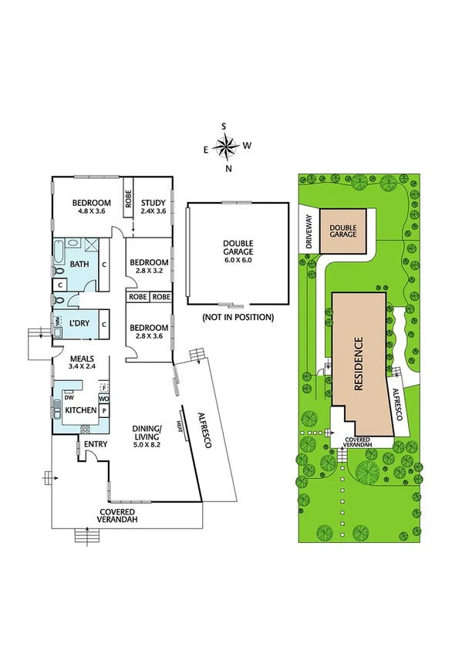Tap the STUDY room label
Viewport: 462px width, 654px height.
click(x=153, y=204)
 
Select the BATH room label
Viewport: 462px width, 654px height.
click(x=79, y=264)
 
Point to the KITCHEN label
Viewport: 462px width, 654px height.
click(x=79, y=410)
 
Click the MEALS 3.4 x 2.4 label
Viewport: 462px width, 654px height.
click(x=82, y=362)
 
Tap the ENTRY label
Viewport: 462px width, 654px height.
click(x=96, y=443)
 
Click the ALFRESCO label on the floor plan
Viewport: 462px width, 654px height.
click(x=202, y=423)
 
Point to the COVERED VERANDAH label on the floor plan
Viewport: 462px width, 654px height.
click(x=118, y=516)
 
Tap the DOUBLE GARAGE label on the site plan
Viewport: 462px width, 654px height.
click(x=342, y=230)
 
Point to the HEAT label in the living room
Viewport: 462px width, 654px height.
click(x=179, y=425)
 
